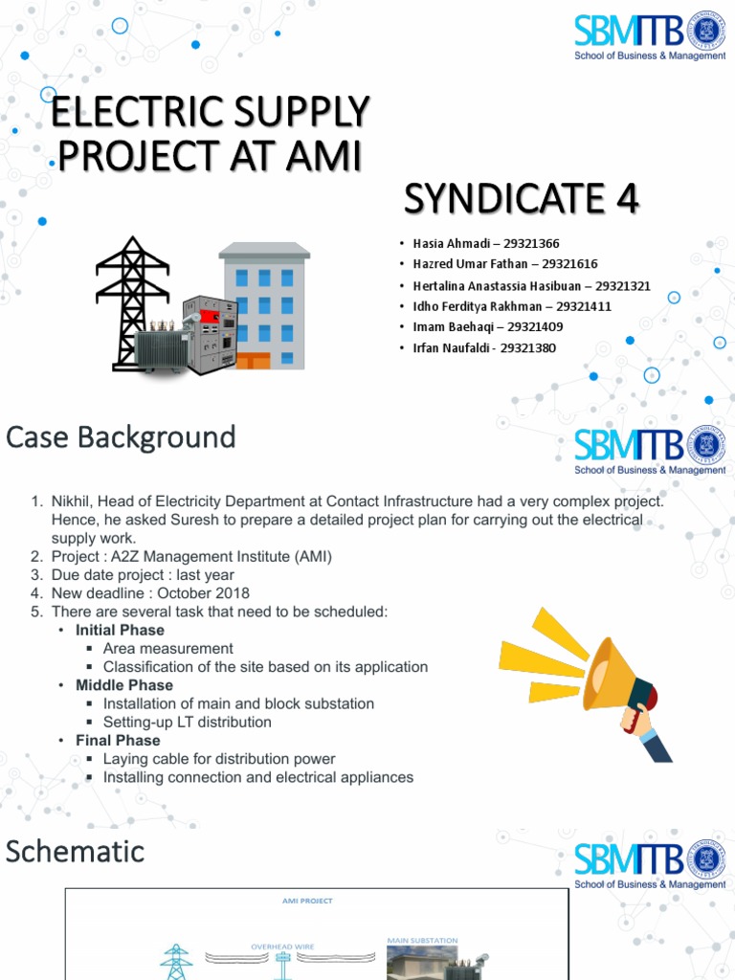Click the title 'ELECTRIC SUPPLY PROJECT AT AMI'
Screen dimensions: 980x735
(209, 135)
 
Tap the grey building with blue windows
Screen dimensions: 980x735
(265, 306)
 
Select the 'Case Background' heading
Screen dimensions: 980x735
(121, 437)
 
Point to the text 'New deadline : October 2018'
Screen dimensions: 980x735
(150, 593)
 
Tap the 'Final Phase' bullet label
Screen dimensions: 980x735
(118, 741)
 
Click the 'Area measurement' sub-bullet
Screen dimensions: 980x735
(167, 649)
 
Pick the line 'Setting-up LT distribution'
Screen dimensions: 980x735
(187, 723)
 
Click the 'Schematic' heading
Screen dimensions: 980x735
(75, 851)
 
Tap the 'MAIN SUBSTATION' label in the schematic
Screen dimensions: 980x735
(422, 941)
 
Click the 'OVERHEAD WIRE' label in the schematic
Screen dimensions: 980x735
(282, 946)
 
